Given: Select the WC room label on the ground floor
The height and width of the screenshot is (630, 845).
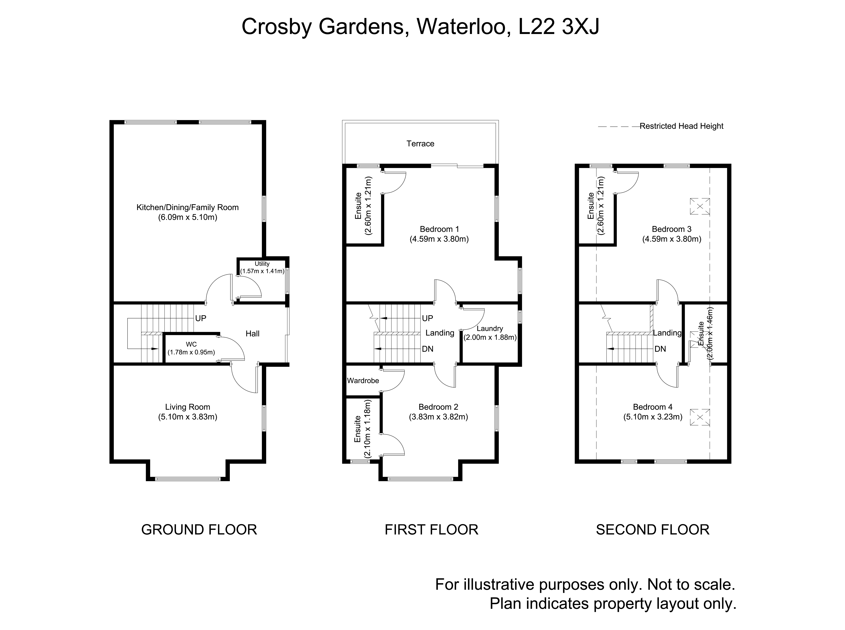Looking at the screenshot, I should (x=191, y=344).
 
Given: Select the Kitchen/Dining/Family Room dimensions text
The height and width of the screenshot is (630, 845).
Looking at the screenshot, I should (x=187, y=217).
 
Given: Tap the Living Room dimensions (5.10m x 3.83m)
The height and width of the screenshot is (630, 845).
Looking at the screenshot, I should (x=187, y=417).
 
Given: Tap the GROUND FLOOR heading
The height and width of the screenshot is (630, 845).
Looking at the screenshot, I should (x=199, y=530).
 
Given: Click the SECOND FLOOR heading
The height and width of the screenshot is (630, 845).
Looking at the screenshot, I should (x=653, y=530).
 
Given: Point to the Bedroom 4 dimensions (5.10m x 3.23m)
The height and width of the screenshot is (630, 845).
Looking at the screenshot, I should (x=653, y=417).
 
